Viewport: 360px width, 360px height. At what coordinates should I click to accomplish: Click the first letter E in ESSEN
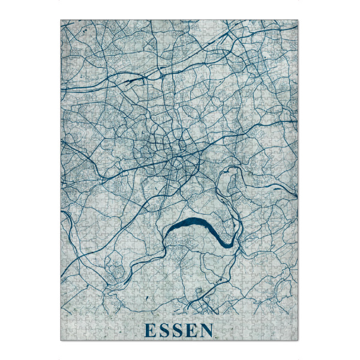(x=149, y=330)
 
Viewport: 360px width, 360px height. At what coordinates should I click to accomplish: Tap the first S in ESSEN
(x=164, y=330)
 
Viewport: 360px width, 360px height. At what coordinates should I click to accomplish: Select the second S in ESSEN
(x=178, y=330)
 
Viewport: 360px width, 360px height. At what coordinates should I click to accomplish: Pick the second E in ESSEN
(x=192, y=330)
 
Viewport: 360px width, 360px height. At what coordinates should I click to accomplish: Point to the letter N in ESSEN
(x=208, y=330)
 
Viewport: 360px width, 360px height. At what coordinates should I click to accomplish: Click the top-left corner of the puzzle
(x=61, y=20)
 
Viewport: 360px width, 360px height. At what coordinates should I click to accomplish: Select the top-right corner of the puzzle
(x=298, y=20)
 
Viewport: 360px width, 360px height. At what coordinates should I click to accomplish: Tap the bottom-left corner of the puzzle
(x=61, y=341)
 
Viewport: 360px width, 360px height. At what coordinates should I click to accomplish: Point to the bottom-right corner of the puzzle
(x=298, y=341)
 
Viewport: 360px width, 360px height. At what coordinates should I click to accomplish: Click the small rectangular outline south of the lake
(x=199, y=292)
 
